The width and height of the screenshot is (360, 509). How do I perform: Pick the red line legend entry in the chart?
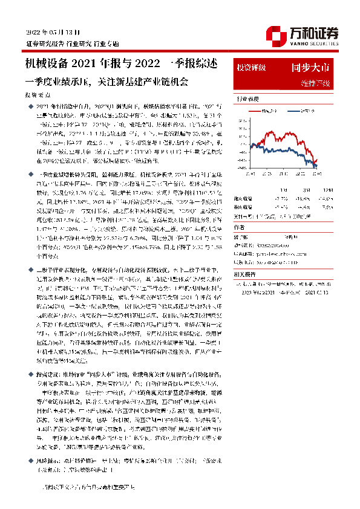click(269, 111)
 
